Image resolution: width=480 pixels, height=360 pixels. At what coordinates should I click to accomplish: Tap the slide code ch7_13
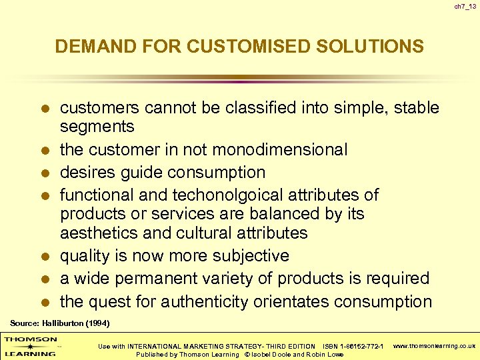(464, 7)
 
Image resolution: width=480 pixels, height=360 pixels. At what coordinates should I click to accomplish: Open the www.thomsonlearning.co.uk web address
(435, 346)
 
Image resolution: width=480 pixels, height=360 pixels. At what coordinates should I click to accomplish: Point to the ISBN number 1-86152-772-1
(362, 346)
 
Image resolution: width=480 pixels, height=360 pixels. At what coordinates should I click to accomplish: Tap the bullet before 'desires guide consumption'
(45, 173)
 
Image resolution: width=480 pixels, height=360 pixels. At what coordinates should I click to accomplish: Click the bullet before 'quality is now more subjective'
(45, 257)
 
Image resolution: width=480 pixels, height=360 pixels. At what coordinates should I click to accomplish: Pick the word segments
(97, 127)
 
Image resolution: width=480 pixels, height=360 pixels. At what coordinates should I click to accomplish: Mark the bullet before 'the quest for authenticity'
(45, 302)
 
